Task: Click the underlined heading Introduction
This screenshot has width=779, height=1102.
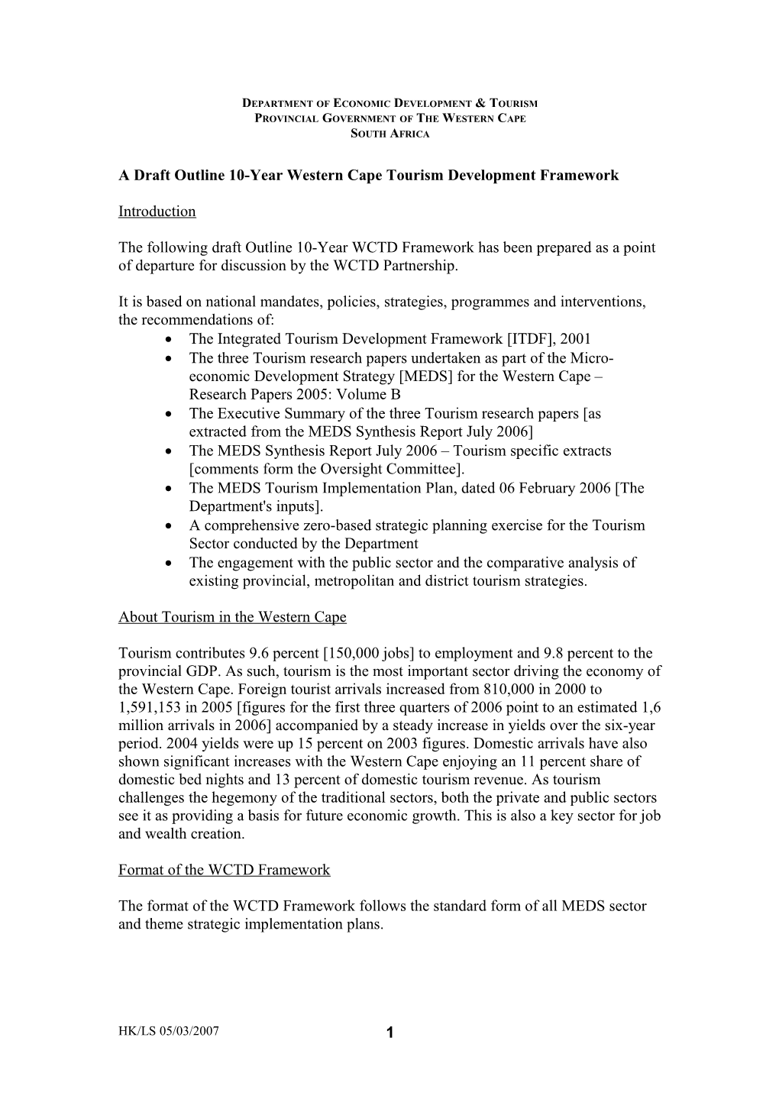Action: (157, 212)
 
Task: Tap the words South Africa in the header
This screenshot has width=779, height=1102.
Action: (389, 134)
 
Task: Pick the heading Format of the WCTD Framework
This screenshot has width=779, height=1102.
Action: (224, 870)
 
